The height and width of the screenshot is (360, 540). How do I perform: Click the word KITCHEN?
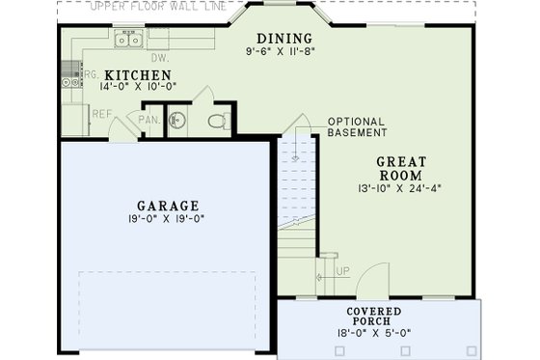click(x=138, y=75)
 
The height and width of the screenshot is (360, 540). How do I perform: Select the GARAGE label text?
click(x=168, y=206)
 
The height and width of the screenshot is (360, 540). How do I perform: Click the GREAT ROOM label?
click(x=399, y=169)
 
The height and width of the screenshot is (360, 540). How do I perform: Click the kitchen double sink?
click(x=128, y=40)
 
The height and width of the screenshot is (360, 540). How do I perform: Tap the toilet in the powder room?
click(x=219, y=122)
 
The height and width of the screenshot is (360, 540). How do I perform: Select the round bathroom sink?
click(x=177, y=122)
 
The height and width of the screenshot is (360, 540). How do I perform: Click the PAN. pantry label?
click(x=148, y=121)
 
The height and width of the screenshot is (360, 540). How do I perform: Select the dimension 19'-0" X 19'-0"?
click(x=168, y=219)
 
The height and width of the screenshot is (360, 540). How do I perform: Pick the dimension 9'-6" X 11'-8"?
click(x=281, y=50)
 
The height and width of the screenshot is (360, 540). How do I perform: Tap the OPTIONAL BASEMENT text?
click(x=357, y=126)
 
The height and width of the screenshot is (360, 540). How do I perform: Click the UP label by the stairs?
click(x=341, y=270)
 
